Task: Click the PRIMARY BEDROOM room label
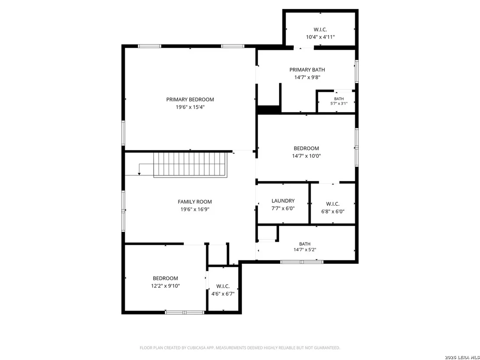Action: click(x=190, y=100)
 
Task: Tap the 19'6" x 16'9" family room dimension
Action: click(x=195, y=209)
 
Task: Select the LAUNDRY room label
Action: click(x=283, y=201)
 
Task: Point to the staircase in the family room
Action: click(x=191, y=165)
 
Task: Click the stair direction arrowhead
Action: click(x=139, y=174)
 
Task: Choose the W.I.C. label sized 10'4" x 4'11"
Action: click(x=320, y=30)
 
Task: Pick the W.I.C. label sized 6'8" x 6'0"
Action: click(x=333, y=204)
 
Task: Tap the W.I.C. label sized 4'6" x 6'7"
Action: click(x=223, y=286)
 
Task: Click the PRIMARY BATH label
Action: click(x=307, y=70)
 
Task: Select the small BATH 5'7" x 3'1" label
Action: click(x=339, y=99)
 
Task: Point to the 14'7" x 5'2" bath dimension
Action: click(x=305, y=250)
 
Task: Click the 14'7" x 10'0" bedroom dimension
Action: click(x=306, y=156)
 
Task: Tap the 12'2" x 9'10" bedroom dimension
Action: click(x=165, y=286)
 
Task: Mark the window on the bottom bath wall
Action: click(x=302, y=262)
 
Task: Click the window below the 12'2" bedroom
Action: click(x=185, y=312)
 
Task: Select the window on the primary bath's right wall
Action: click(x=357, y=71)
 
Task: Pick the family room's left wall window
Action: click(x=123, y=211)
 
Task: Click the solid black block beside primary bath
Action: click(x=269, y=109)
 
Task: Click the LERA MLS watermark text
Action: click(x=467, y=357)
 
